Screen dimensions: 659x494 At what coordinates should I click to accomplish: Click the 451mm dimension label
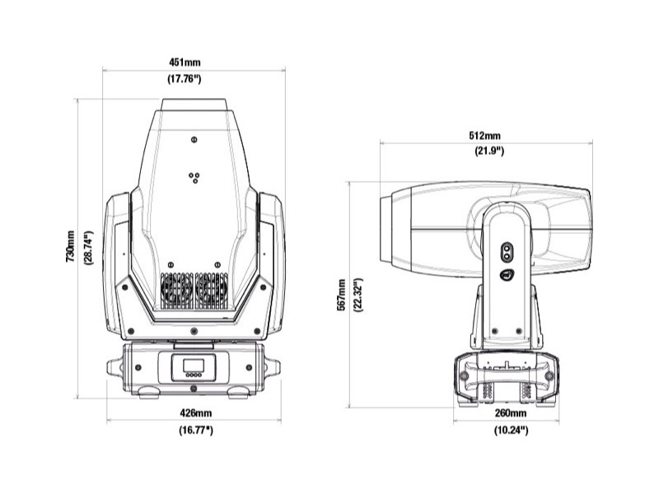(185, 63)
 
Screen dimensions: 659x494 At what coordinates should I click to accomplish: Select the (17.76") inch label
(185, 78)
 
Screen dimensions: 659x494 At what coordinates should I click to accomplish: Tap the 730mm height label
(70, 246)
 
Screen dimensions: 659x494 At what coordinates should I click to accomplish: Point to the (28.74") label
(89, 248)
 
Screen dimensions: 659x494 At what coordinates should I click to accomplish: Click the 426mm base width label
(196, 413)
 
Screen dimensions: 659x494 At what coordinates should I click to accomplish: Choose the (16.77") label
(196, 430)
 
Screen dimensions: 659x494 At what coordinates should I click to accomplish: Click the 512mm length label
(484, 136)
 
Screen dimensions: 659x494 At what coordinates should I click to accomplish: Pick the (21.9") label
(489, 151)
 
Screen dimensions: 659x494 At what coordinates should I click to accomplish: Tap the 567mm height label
(342, 295)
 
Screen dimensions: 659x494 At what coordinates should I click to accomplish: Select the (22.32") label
(358, 295)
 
